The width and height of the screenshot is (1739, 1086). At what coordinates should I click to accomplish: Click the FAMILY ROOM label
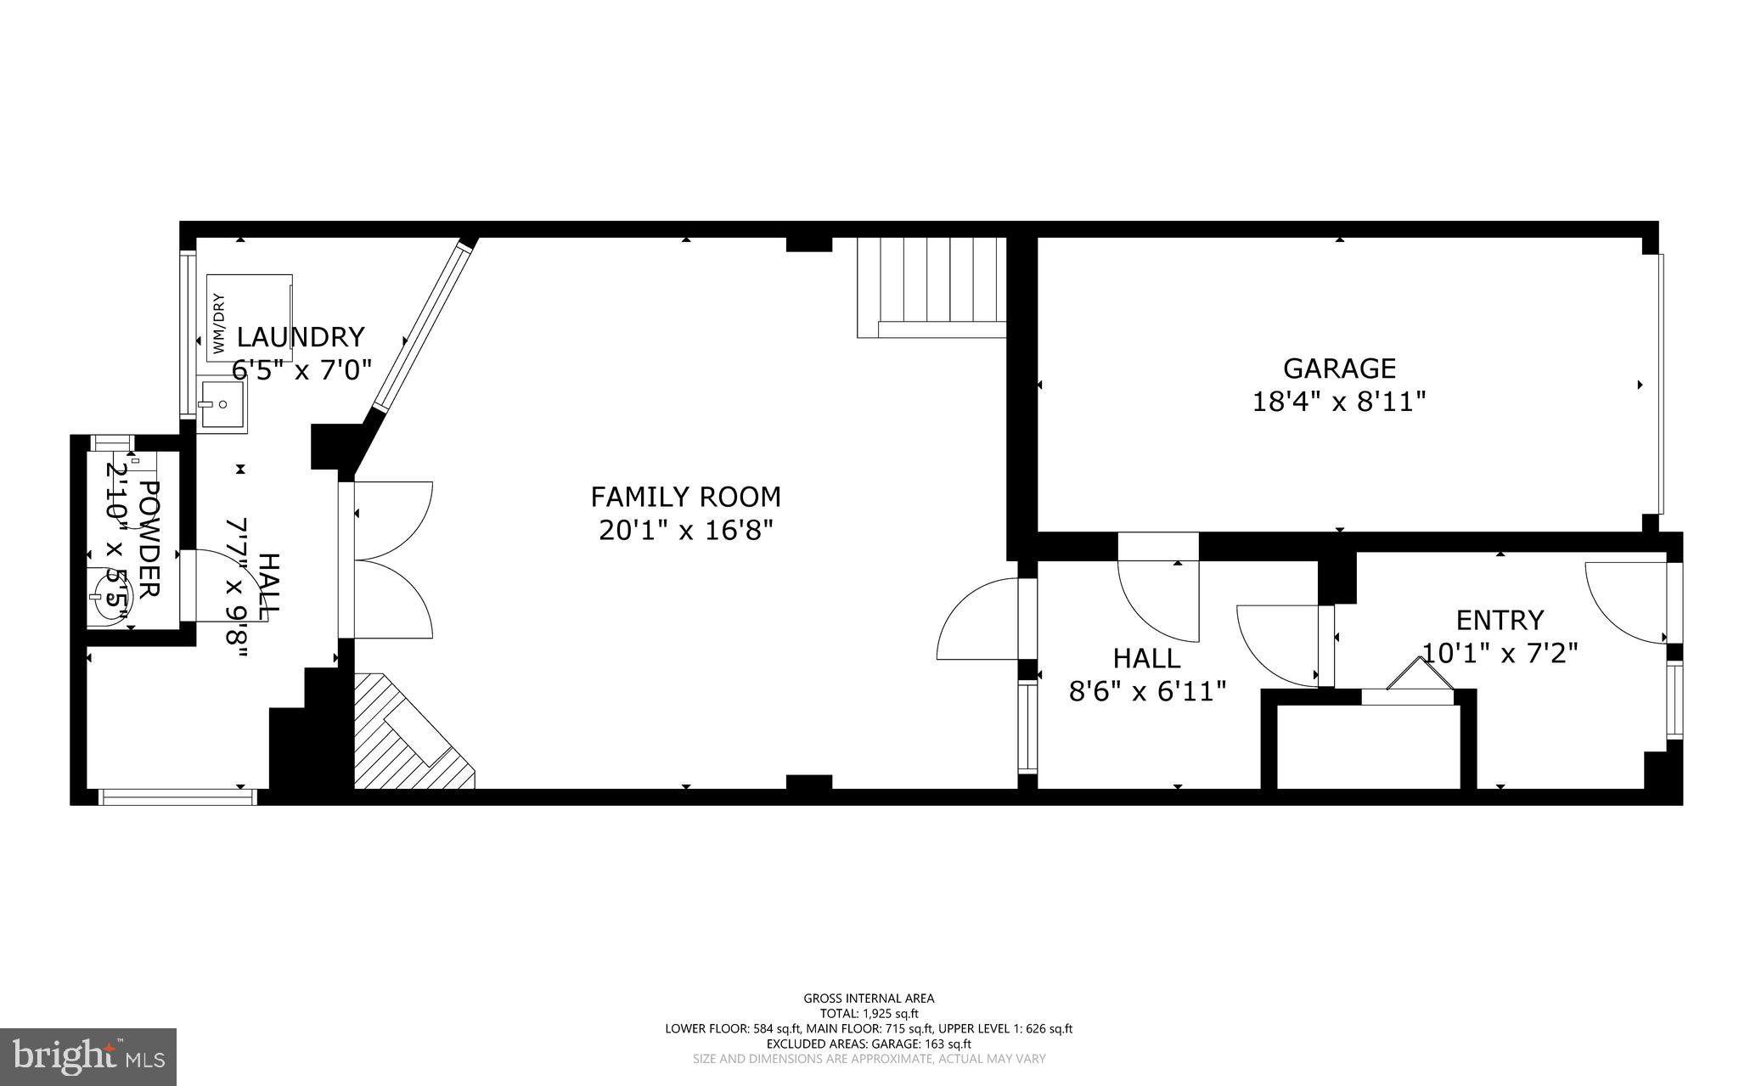(x=685, y=496)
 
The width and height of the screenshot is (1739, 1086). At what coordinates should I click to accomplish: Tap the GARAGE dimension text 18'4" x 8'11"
(x=1338, y=401)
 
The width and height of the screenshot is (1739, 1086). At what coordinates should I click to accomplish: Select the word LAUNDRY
(x=300, y=337)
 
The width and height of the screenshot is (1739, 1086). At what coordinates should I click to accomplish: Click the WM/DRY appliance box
(x=249, y=318)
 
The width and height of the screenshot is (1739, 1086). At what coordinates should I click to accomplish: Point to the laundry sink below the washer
(x=222, y=406)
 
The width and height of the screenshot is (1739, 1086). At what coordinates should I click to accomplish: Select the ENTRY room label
(x=1500, y=620)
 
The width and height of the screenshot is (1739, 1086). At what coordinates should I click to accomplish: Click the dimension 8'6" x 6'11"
(x=1147, y=691)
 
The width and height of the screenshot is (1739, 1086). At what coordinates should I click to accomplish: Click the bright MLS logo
(x=87, y=1055)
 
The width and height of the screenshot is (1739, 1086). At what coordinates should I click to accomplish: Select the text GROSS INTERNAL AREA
(x=869, y=999)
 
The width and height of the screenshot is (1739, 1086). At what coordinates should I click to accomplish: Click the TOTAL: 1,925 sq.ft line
(x=869, y=1013)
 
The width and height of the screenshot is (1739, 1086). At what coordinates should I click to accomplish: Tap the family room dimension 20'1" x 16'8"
(x=685, y=530)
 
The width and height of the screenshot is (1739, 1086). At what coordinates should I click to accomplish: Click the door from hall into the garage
(x=1158, y=588)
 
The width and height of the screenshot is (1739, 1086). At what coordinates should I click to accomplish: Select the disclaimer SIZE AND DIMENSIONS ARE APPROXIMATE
(x=869, y=1059)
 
